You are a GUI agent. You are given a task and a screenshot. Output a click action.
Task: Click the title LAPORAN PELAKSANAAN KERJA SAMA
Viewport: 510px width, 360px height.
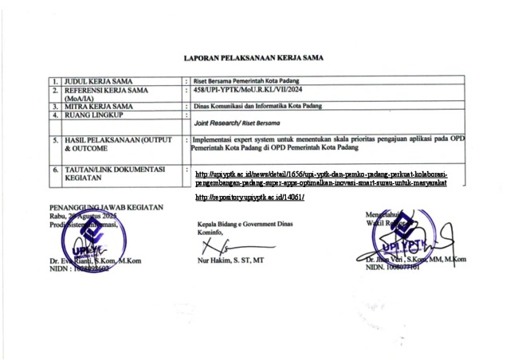[253, 58]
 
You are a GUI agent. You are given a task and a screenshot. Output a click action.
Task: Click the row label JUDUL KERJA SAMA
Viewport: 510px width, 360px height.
[99, 81]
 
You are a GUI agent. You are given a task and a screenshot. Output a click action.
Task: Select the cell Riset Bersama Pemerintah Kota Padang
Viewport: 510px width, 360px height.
[248, 81]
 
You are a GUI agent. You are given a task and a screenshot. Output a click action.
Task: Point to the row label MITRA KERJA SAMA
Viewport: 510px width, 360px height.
[99, 106]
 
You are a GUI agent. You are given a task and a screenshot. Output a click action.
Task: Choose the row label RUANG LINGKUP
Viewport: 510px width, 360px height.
[95, 115]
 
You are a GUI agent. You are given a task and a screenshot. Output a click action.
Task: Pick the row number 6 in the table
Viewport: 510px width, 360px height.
[56, 170]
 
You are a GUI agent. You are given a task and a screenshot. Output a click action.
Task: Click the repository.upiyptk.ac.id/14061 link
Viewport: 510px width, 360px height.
[249, 197]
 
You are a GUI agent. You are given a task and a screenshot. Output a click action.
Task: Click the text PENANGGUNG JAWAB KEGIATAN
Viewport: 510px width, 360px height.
[106, 207]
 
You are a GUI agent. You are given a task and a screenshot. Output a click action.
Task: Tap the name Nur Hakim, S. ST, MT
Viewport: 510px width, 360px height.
[231, 260]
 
